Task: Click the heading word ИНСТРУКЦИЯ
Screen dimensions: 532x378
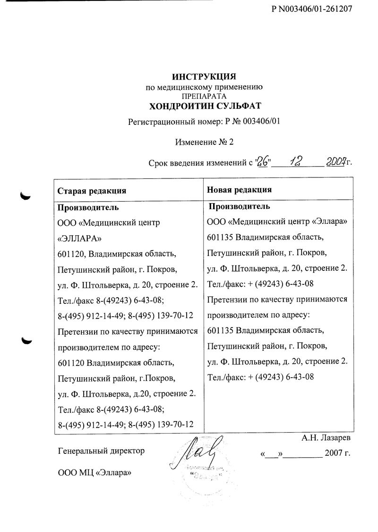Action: click(x=203, y=77)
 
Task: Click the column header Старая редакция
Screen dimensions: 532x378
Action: click(x=91, y=191)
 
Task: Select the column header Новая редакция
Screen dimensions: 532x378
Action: click(x=240, y=190)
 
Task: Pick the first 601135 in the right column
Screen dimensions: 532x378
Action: click(x=221, y=238)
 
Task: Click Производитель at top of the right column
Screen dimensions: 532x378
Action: click(x=240, y=206)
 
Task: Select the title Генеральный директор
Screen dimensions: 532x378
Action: click(x=101, y=451)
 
